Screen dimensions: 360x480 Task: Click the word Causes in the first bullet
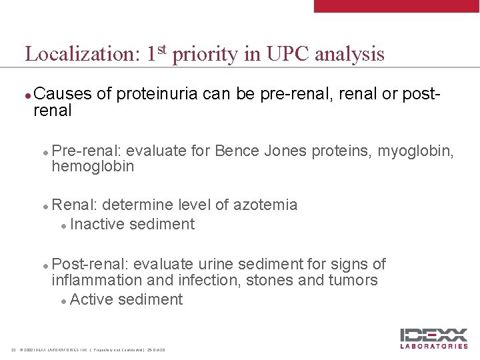[63, 94]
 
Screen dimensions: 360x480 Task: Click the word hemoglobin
[93, 166]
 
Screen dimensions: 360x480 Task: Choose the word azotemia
[265, 205]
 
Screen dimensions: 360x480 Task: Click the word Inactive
[97, 224]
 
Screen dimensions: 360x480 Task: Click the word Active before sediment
[91, 299]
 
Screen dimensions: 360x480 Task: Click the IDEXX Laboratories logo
[433, 338]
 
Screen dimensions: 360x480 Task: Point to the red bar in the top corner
[397, 6]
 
